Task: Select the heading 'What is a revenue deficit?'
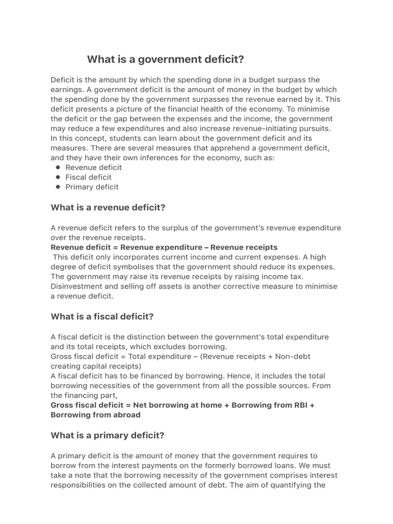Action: click(x=108, y=207)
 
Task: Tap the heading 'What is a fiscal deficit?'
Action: click(x=102, y=316)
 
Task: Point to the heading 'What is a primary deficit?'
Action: click(x=107, y=435)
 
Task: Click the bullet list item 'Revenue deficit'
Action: click(x=94, y=167)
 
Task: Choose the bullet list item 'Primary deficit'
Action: click(x=92, y=187)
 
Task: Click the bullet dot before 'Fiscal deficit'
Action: click(x=58, y=177)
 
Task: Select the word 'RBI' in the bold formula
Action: click(x=298, y=405)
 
